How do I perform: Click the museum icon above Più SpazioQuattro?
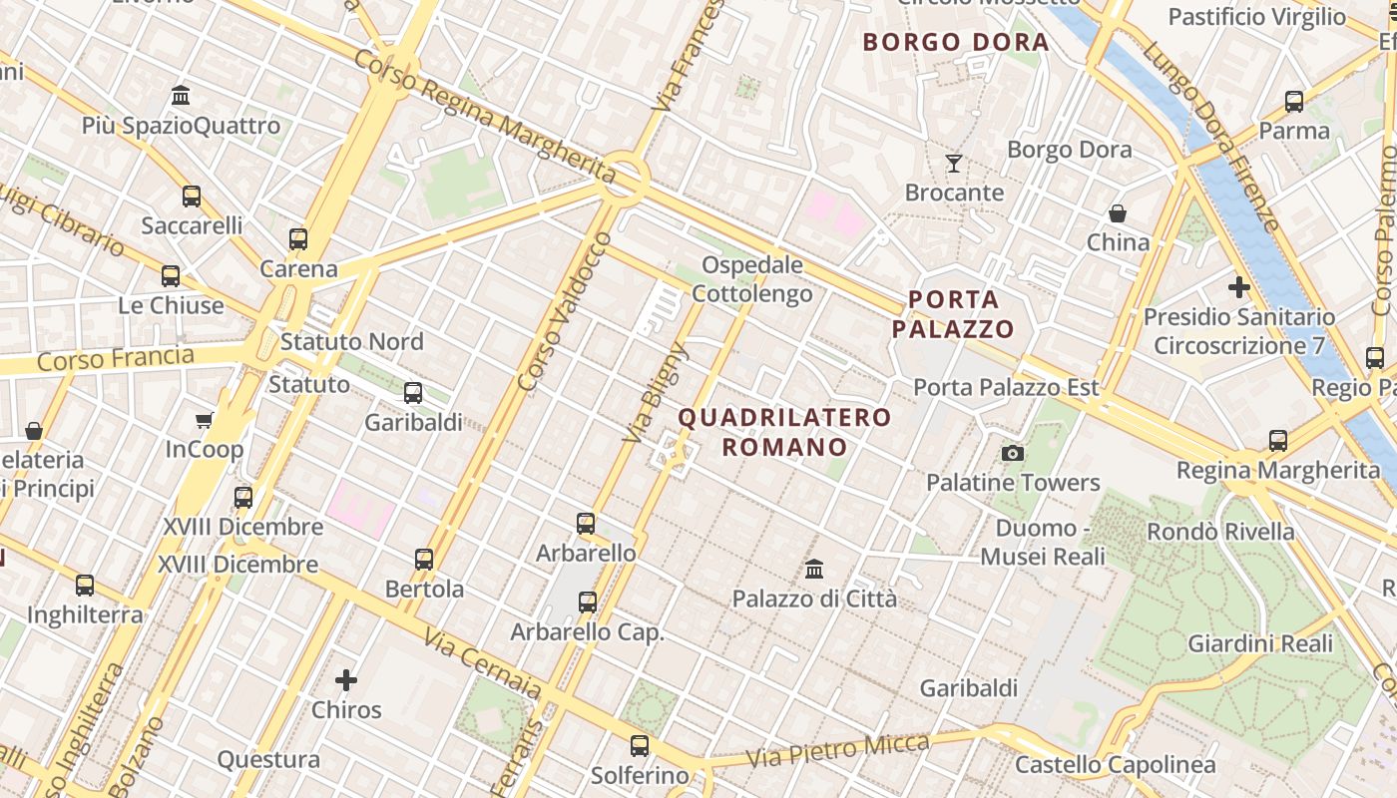point(181,96)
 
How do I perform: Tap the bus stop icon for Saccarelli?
point(192,197)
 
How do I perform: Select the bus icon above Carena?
point(298,239)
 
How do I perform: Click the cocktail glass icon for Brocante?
point(954,164)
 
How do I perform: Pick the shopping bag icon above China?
point(1118,213)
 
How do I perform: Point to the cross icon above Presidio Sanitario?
point(1238,288)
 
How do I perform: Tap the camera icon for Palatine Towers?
point(1013,454)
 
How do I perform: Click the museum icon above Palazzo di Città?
point(814,570)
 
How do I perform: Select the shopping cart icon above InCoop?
point(205,421)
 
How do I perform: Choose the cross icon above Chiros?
point(346,680)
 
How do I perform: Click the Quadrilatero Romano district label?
point(784,432)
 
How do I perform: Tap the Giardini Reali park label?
point(1259,643)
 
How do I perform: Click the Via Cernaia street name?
point(482,663)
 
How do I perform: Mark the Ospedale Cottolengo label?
point(752,279)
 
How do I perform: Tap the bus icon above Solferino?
point(639,745)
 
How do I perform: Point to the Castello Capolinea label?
point(1115,765)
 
